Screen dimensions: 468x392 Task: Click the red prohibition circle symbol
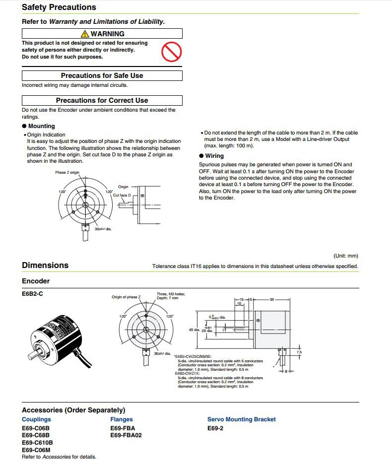point(172,51)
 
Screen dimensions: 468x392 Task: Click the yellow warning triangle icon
point(85,34)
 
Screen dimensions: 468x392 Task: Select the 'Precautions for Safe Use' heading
point(102,75)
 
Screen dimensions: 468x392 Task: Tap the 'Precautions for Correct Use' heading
point(102,100)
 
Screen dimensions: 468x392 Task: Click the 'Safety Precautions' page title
point(59,7)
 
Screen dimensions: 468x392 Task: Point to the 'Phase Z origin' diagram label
point(67,173)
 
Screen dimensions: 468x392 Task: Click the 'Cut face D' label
point(122,195)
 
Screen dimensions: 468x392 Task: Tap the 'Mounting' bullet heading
point(41,126)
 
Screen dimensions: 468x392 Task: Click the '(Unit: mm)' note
point(345,256)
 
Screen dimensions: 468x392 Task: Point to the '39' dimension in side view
point(271,300)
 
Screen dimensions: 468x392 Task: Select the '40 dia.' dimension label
point(194,330)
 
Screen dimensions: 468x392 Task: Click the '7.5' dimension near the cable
point(299,352)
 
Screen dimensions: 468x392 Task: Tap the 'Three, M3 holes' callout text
point(171,294)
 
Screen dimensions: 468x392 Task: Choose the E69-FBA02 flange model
point(126,435)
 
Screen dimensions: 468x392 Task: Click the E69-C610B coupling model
point(37,442)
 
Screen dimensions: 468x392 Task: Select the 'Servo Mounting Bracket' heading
point(241,419)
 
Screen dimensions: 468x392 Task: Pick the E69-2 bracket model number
point(215,428)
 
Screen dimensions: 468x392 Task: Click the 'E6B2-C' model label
point(33,293)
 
